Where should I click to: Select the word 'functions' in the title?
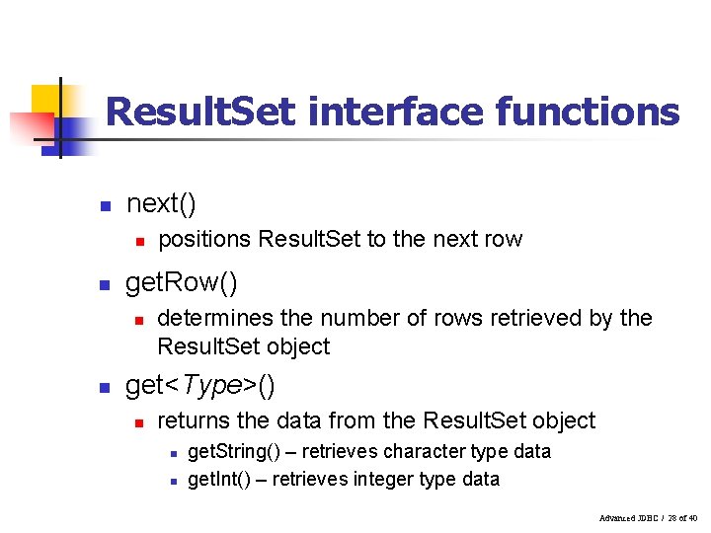tap(588, 112)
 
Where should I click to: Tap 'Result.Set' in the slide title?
tap(200, 112)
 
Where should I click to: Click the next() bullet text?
tap(162, 204)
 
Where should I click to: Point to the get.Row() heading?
tap(182, 284)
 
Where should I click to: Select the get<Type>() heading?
tap(200, 386)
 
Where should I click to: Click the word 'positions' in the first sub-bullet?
tap(204, 239)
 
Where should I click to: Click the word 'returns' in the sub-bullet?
tap(195, 420)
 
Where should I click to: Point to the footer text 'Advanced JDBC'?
tap(627, 518)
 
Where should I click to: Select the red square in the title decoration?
tap(30, 128)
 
